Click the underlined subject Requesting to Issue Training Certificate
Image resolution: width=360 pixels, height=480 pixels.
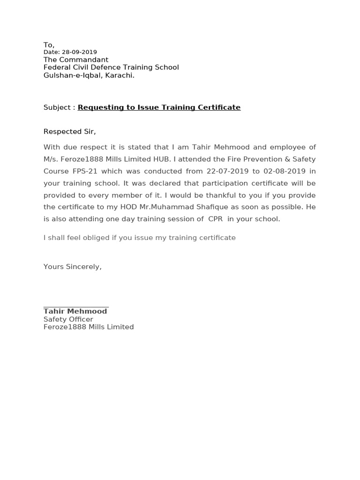[x=159, y=107]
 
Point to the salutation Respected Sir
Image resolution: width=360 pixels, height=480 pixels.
[x=69, y=131]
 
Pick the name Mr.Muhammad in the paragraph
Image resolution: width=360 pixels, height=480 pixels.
[x=164, y=207]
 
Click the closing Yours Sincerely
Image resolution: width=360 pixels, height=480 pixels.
[x=72, y=267]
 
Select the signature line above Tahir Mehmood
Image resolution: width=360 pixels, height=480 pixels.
[x=76, y=306]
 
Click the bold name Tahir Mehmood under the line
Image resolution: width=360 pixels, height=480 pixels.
[x=75, y=311]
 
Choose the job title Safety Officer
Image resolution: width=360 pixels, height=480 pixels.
[x=68, y=319]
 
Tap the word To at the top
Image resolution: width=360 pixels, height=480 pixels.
[x=49, y=45]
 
